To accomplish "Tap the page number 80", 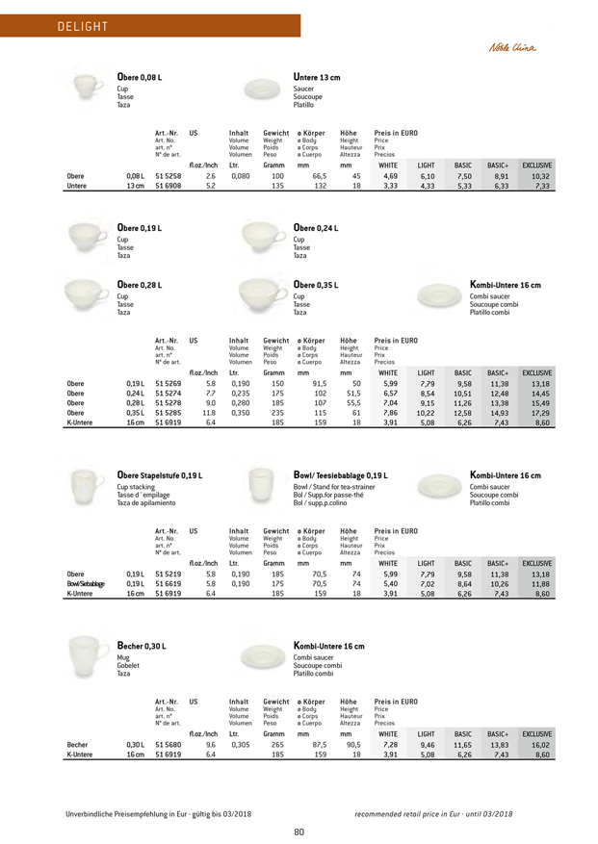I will (x=299, y=831).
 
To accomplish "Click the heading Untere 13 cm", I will (x=317, y=76).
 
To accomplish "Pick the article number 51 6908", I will (x=168, y=187).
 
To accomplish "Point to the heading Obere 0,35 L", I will (x=317, y=285).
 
